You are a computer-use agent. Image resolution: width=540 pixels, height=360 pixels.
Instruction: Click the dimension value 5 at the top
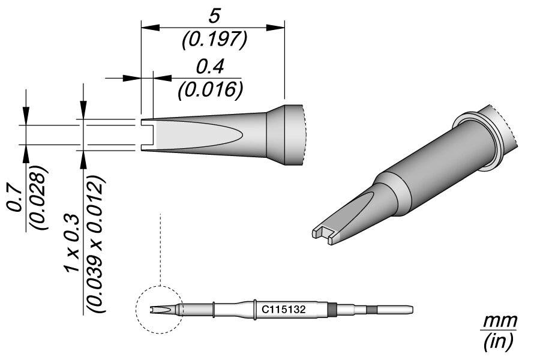point(212,14)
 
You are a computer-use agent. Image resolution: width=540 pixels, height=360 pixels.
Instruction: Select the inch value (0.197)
point(213,40)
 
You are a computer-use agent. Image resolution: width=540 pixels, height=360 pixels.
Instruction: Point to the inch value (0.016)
point(209,90)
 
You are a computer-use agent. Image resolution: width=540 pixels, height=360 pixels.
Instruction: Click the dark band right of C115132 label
point(332,310)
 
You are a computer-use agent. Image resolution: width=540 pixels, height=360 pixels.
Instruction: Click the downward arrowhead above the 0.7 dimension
point(26,116)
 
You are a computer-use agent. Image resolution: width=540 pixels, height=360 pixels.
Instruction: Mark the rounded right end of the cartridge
point(410,310)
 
